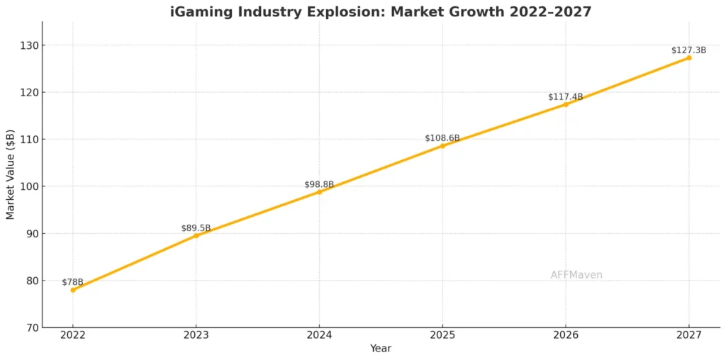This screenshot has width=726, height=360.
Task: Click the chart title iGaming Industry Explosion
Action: coord(381,12)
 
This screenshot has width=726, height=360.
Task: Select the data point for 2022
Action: coord(73,290)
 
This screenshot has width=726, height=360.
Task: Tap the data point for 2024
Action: coord(319,192)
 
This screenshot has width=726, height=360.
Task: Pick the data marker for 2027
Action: coord(688,57)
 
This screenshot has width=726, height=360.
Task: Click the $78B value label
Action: coord(72,282)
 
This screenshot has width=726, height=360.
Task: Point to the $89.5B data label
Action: coord(196,228)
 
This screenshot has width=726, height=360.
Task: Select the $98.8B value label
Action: coord(319,184)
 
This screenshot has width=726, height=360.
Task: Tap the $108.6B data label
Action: coord(442,138)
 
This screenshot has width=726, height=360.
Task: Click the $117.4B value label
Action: coord(565,96)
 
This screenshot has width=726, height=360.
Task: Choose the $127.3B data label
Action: coord(688,50)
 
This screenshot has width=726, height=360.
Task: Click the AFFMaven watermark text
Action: coord(576,275)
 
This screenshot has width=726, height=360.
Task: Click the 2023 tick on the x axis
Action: coord(196,336)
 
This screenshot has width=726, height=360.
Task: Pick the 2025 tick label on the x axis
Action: coord(442,336)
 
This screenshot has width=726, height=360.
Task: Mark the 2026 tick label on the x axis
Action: coord(566,336)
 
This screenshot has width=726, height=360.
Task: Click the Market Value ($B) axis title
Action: coord(11,174)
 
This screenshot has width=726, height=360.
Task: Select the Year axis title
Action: coord(381,349)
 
